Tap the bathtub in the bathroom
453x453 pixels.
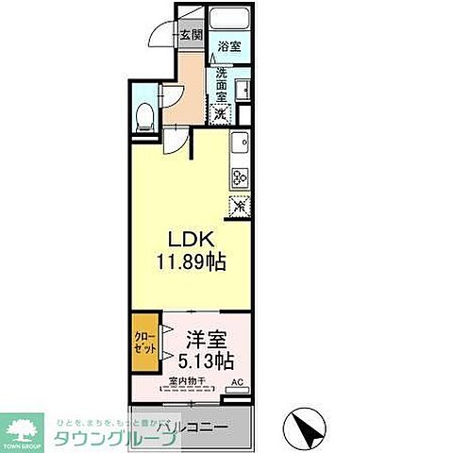pos(227,20)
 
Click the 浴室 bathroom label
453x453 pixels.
pos(228,45)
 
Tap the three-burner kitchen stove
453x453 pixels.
pos(239,176)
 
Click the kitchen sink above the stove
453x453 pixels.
pos(240,146)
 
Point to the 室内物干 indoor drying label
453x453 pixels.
pos(187,382)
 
